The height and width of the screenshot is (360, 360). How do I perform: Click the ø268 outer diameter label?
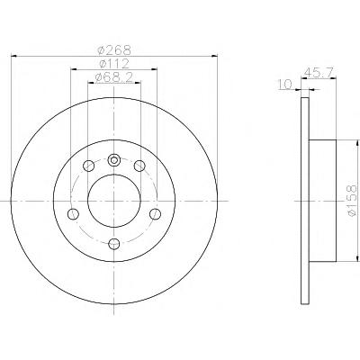pos(114,49)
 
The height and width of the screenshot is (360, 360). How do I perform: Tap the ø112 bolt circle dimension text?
pos(114,63)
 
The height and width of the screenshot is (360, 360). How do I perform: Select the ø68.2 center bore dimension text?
pos(114,77)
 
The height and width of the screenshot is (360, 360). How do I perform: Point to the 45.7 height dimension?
pos(318,72)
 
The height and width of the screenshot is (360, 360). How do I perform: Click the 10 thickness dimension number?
pos(285,85)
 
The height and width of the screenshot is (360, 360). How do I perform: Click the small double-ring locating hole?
pos(113,159)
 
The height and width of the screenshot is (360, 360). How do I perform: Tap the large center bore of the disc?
pos(114,201)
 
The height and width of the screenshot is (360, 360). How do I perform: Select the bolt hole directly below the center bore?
pos(114,244)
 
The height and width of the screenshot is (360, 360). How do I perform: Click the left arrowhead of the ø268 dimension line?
pos(13,56)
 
